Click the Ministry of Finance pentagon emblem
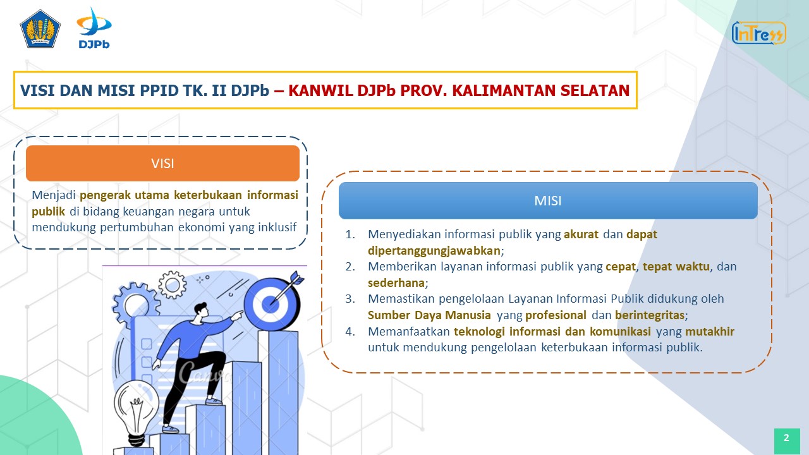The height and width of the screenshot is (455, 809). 40,29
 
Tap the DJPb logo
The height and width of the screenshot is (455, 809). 94,28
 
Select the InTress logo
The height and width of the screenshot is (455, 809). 759,33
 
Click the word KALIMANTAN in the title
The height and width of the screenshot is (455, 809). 504,90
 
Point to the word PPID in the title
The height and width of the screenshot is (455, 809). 159,90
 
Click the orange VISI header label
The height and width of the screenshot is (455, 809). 162,163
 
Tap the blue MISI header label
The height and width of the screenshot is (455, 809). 548,200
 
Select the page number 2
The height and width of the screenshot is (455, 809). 787,438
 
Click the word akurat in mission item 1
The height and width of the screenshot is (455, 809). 581,234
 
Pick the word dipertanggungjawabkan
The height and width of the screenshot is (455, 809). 434,251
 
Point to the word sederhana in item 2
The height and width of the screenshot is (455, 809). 396,282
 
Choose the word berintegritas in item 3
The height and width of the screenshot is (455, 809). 650,315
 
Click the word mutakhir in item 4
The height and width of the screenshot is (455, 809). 710,331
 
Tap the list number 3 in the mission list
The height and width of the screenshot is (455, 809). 350,299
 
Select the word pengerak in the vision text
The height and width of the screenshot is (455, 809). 105,195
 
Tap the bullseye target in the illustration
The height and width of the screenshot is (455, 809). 272,304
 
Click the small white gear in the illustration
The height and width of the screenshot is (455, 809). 173,285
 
